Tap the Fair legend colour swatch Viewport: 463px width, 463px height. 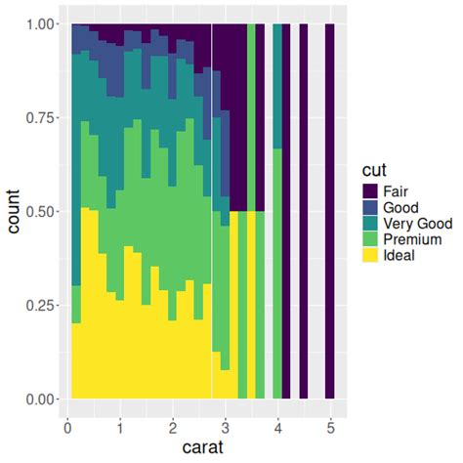coord(371,190)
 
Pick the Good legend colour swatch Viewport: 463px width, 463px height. coord(371,207)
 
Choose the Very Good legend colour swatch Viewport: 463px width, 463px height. coord(371,224)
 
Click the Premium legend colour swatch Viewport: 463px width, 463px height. coord(371,239)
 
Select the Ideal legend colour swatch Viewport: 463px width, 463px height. coord(371,256)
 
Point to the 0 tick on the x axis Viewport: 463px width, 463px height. coord(66,427)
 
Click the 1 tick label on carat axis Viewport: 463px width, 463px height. coord(119,427)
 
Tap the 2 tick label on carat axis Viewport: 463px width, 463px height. coord(172,427)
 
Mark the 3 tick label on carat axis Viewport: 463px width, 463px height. coord(225,427)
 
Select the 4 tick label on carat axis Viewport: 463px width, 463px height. coord(277,427)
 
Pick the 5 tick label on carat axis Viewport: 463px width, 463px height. coord(330,427)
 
